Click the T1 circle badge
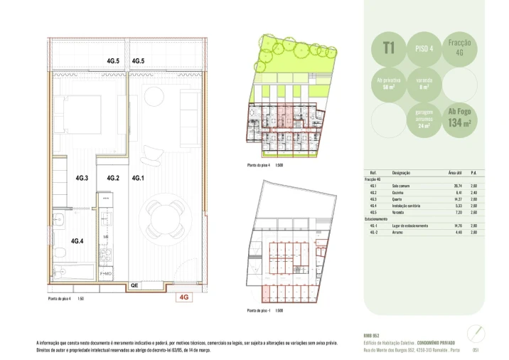tap(389, 48)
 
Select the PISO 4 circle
tap(424, 48)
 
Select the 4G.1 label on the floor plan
tap(139, 178)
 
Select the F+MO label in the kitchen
tap(106, 272)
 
